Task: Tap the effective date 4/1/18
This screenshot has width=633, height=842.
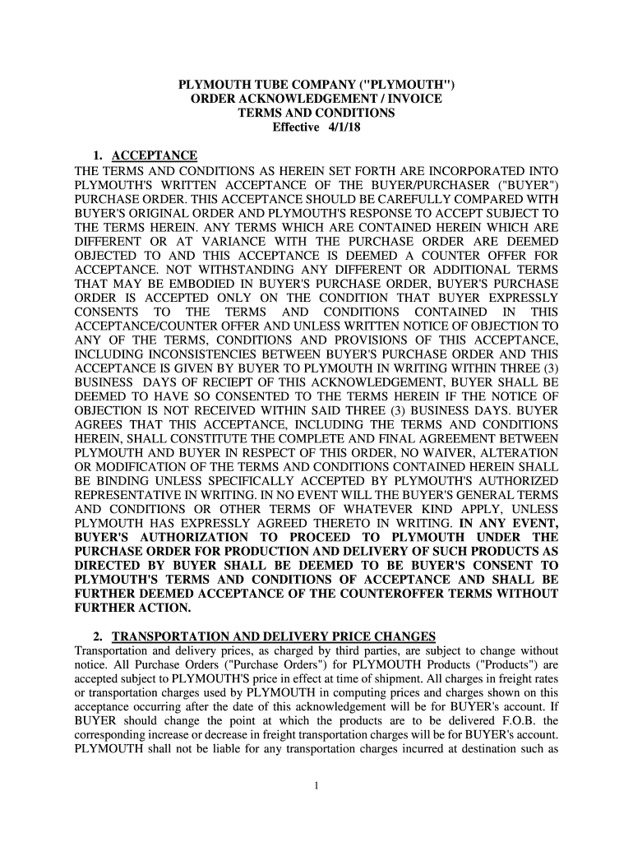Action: [343, 127]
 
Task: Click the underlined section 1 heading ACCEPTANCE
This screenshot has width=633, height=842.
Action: [155, 155]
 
